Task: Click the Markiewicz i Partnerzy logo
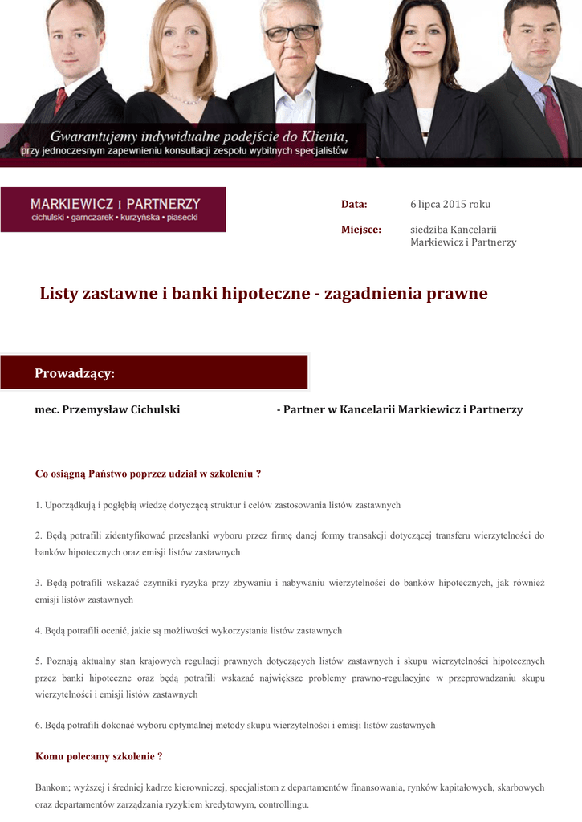coord(113,210)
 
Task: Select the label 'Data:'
coord(354,205)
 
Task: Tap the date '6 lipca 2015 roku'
coord(450,205)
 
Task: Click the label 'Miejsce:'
coord(360,230)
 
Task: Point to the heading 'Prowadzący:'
coord(75,374)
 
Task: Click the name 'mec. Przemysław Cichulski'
coord(107,410)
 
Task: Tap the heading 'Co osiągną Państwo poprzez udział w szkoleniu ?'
coord(148,474)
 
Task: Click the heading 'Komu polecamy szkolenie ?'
coord(99,757)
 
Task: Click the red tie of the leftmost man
coord(59,100)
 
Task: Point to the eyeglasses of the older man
coord(291,34)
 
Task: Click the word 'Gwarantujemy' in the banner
coord(99,136)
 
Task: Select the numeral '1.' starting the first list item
coord(39,506)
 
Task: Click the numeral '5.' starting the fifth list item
coord(39,661)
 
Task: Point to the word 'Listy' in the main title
coord(59,294)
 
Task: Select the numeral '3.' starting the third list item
coord(39,584)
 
